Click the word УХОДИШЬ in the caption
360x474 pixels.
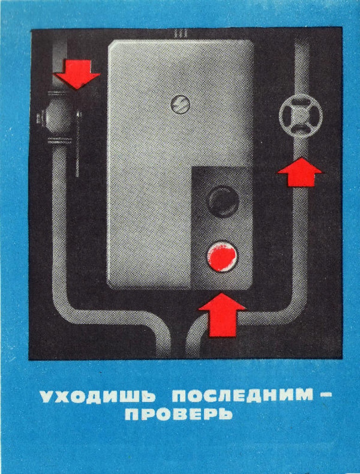click(98, 396)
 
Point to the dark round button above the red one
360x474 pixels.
click(222, 201)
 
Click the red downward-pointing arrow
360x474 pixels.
click(77, 74)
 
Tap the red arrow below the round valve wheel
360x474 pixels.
click(300, 172)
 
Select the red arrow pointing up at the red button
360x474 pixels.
click(222, 315)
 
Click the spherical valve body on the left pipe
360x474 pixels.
click(59, 116)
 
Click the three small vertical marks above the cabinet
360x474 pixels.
click(181, 33)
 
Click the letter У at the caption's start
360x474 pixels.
click(47, 396)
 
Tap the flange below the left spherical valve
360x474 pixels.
click(59, 140)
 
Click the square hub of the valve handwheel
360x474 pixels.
click(301, 116)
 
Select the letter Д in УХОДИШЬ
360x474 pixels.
click(99, 397)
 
